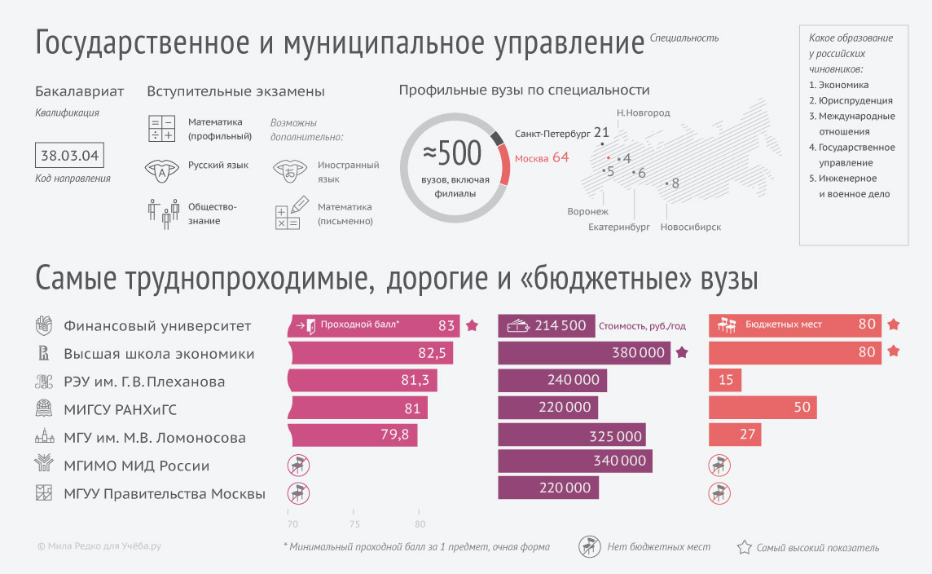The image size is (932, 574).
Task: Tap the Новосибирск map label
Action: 690,227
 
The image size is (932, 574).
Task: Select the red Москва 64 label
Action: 542,157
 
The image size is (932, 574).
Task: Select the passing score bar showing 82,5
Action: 371,354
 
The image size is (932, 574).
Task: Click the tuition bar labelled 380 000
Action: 583,353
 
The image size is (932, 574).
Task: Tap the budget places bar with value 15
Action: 725,381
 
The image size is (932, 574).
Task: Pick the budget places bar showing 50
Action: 763,408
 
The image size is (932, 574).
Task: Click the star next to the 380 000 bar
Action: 683,353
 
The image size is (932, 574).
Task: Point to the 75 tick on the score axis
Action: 354,524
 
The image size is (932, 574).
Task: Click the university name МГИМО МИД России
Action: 137,466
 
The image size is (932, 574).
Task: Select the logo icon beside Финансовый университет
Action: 43,325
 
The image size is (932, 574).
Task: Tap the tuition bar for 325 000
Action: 571,436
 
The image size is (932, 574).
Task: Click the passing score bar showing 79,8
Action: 353,435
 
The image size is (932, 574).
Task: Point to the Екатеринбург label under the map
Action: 619,227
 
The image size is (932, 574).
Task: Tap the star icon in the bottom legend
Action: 744,547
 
